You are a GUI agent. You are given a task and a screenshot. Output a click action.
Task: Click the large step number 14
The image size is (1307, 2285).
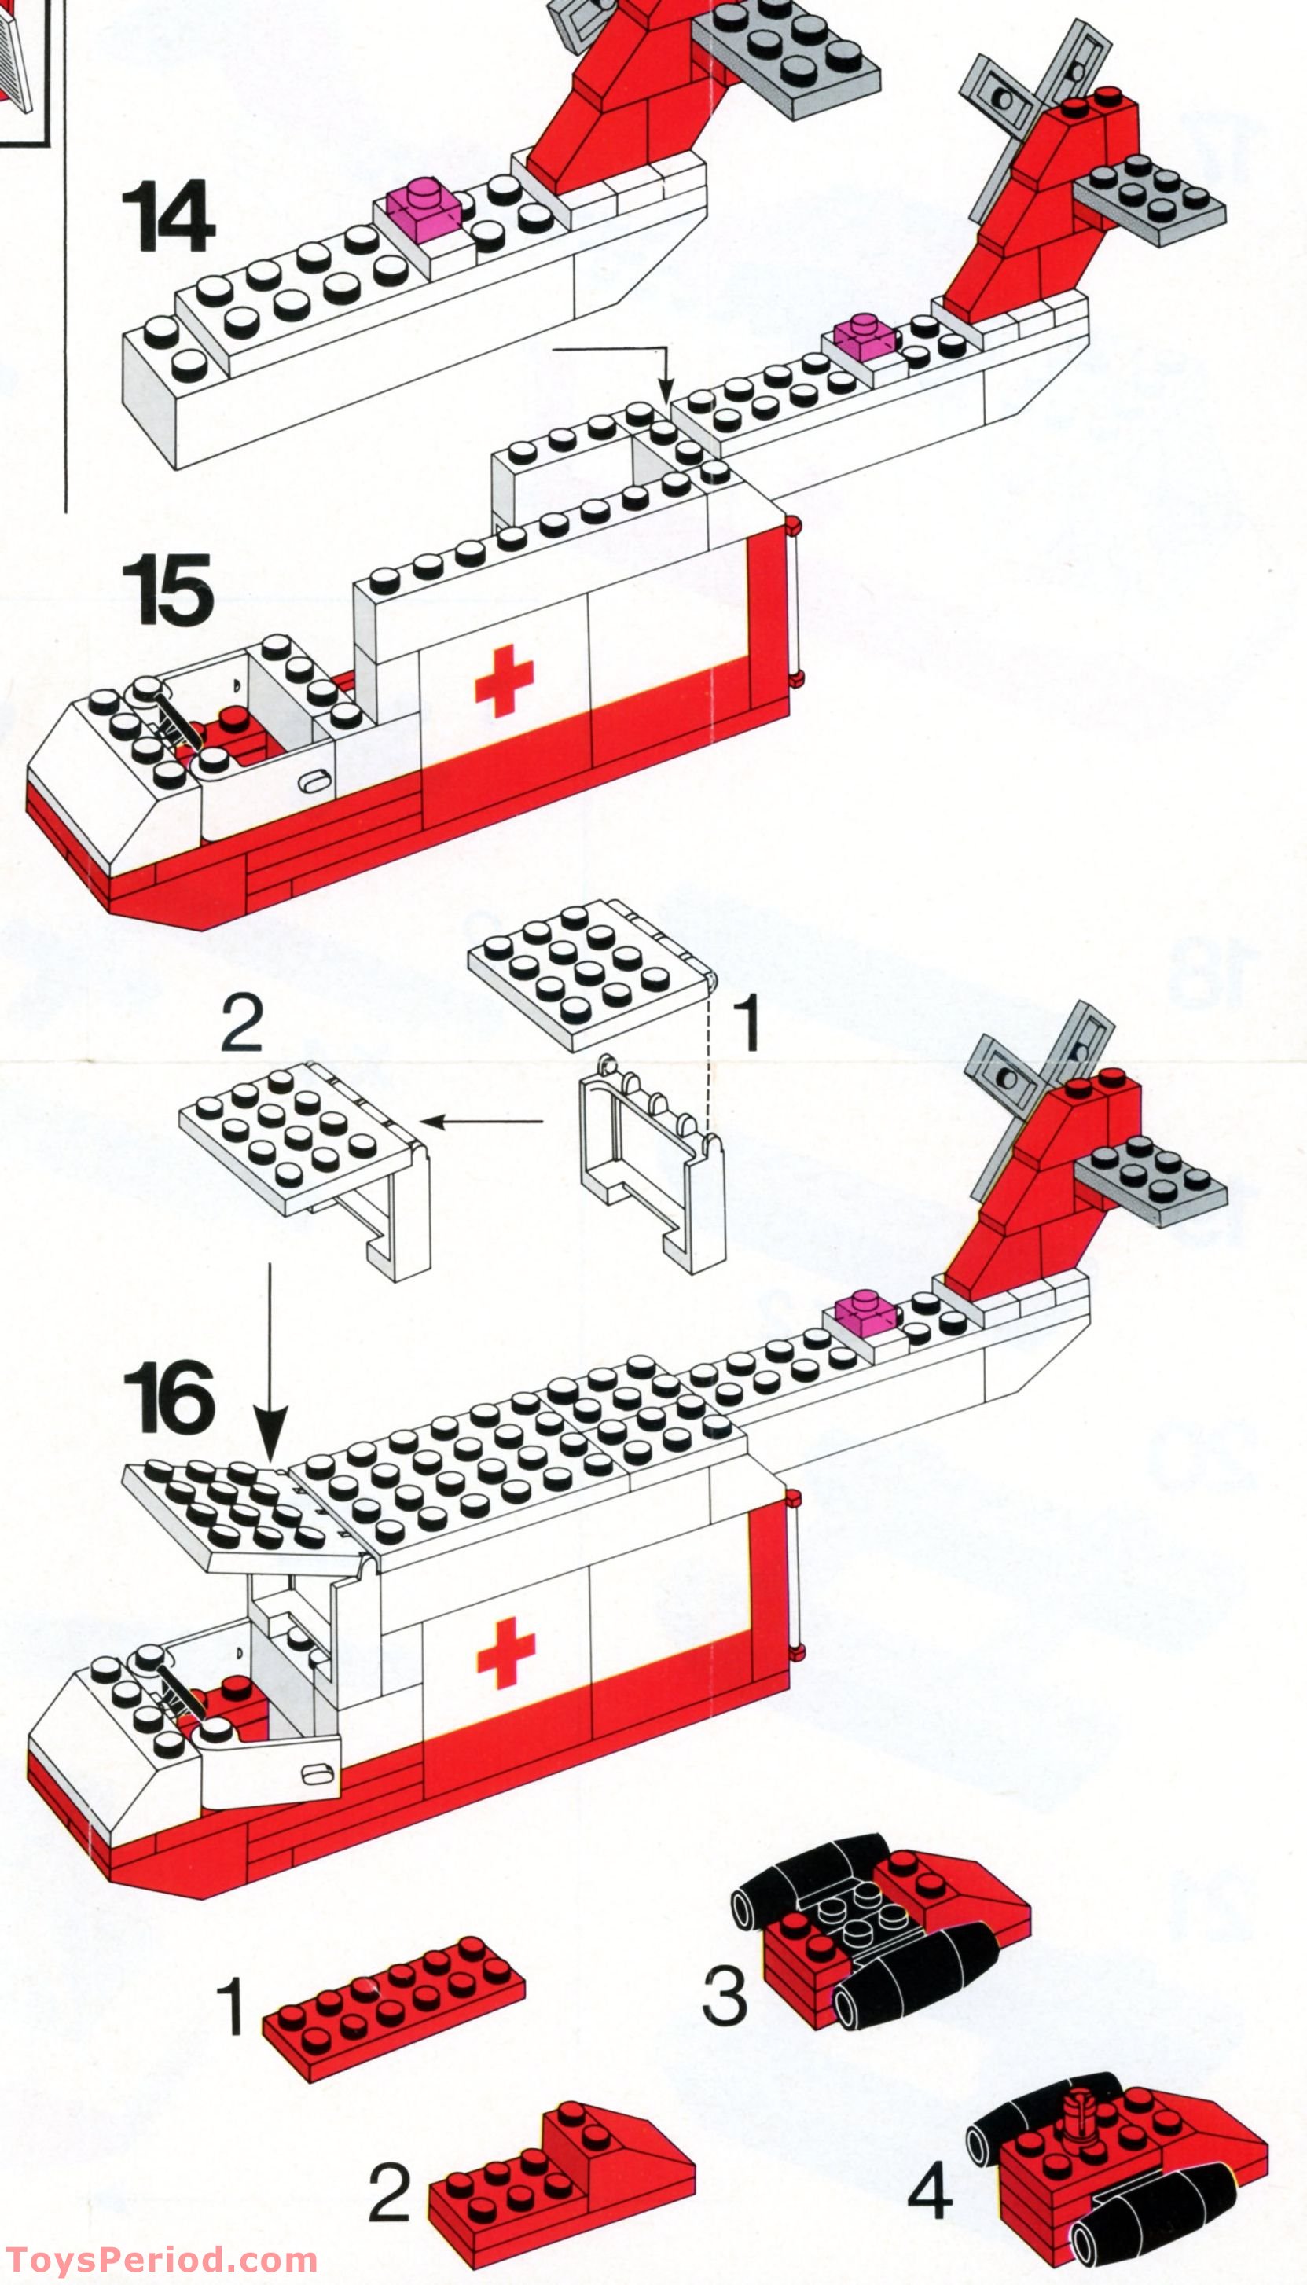click(x=168, y=216)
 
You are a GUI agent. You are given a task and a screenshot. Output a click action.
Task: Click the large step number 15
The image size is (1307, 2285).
click(x=168, y=589)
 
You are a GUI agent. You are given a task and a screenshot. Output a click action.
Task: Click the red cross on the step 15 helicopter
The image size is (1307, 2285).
click(x=504, y=680)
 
